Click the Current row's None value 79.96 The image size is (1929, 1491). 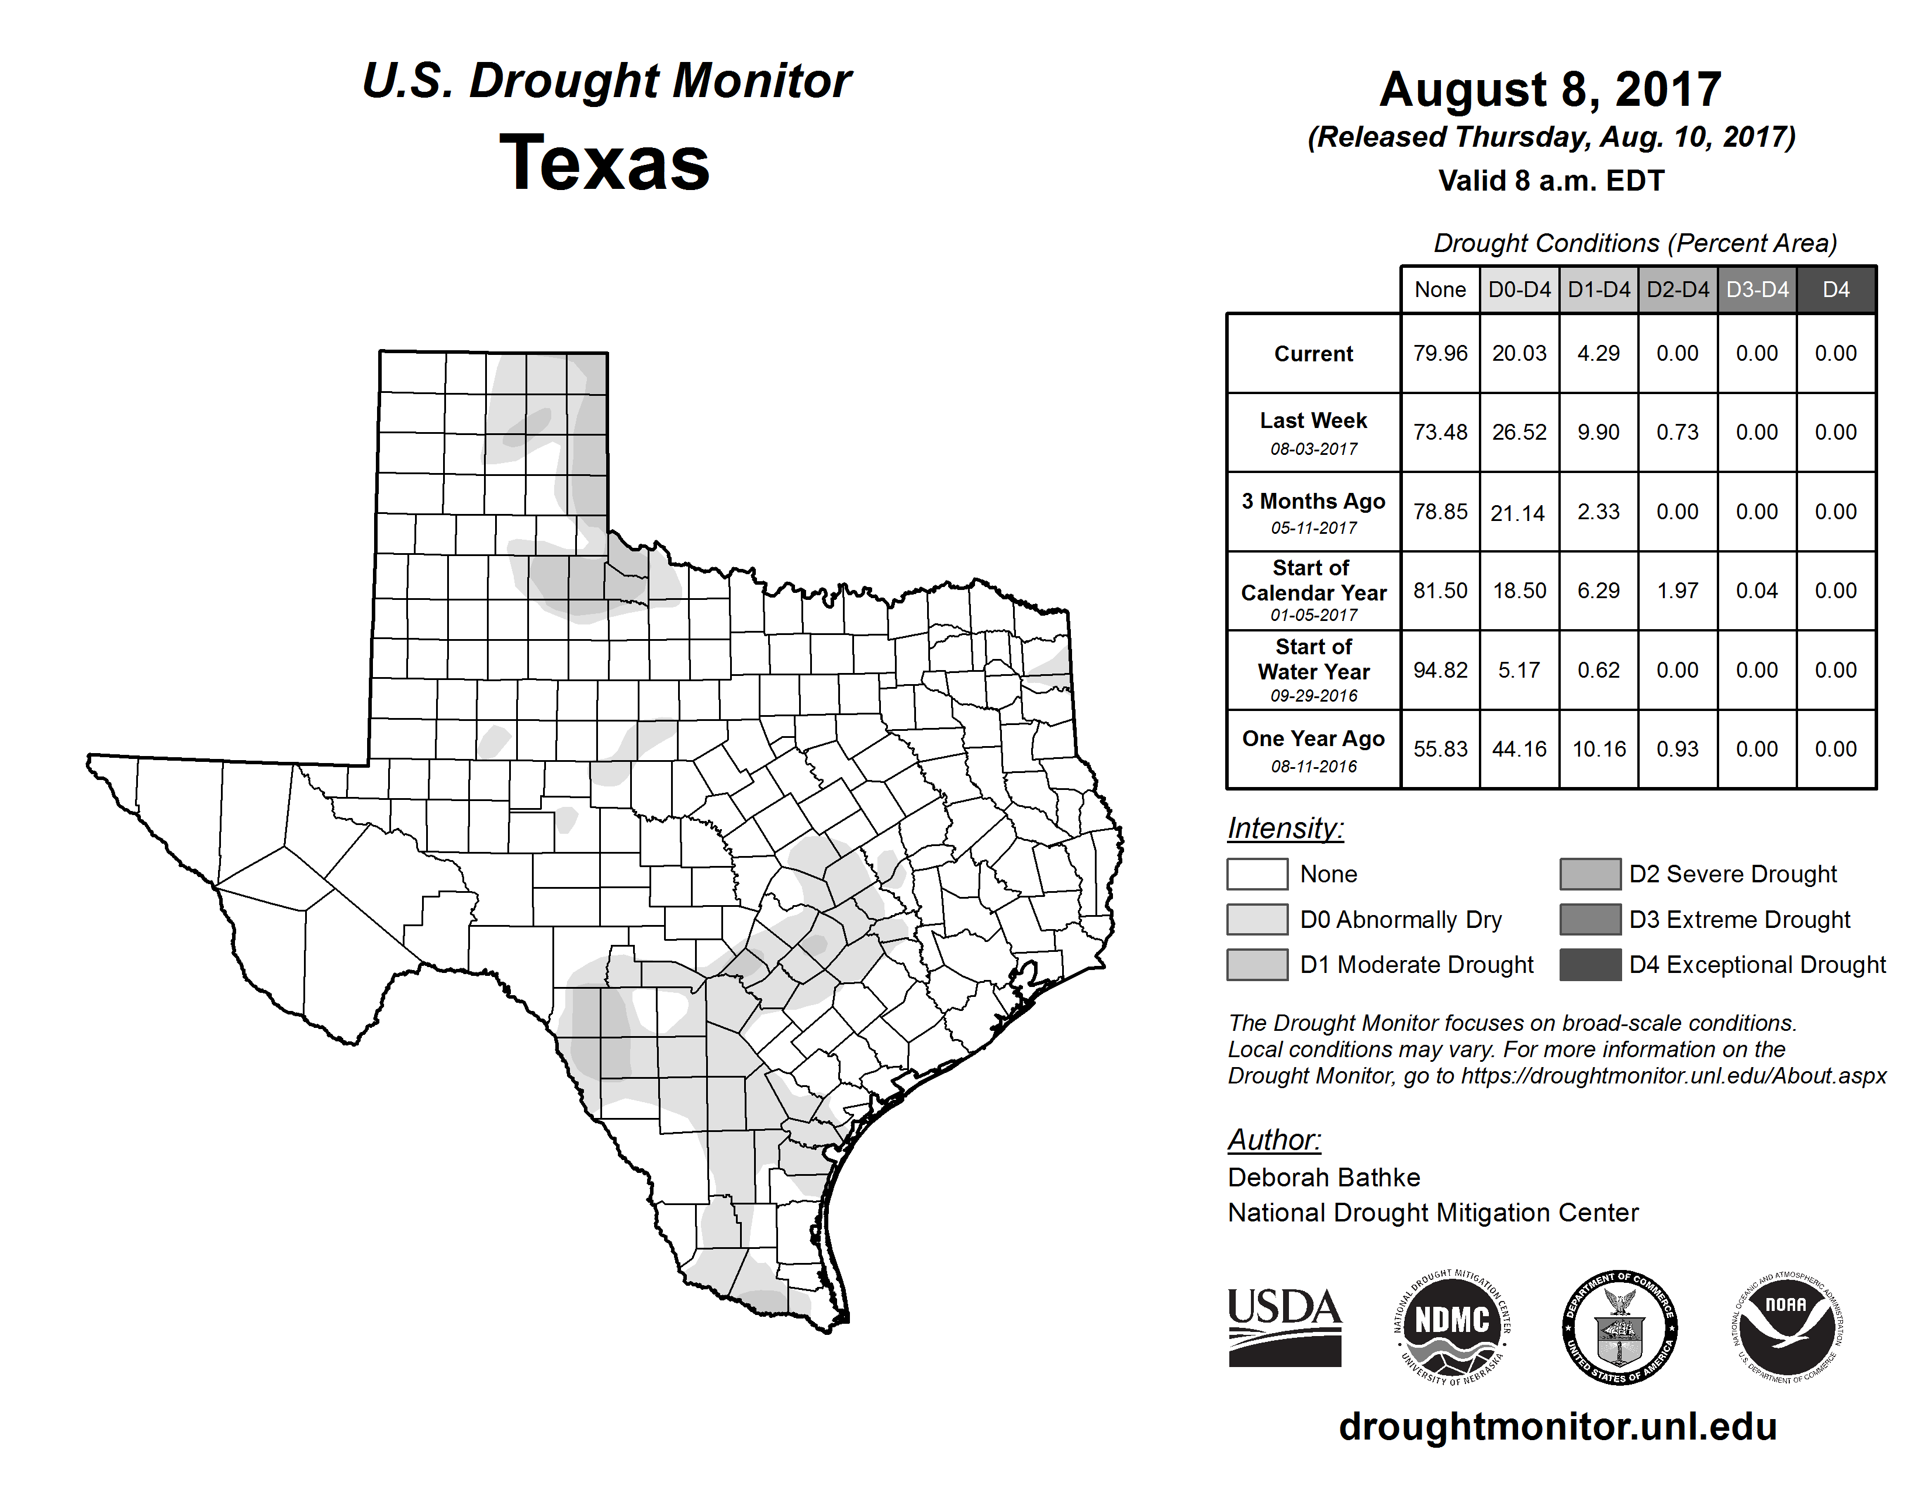(x=1440, y=353)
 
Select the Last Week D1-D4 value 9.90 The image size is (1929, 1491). (x=1598, y=432)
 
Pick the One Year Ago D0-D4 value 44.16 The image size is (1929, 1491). (x=1519, y=749)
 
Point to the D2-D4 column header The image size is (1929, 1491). (x=1677, y=289)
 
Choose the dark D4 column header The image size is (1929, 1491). (x=1835, y=289)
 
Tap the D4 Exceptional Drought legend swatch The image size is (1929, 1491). (x=1590, y=965)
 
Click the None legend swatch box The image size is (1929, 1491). (x=1257, y=874)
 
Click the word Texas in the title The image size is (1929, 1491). (x=604, y=163)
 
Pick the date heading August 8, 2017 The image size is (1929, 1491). (x=1550, y=89)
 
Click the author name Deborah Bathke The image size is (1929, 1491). (x=1323, y=1178)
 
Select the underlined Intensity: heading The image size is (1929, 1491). (x=1285, y=829)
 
